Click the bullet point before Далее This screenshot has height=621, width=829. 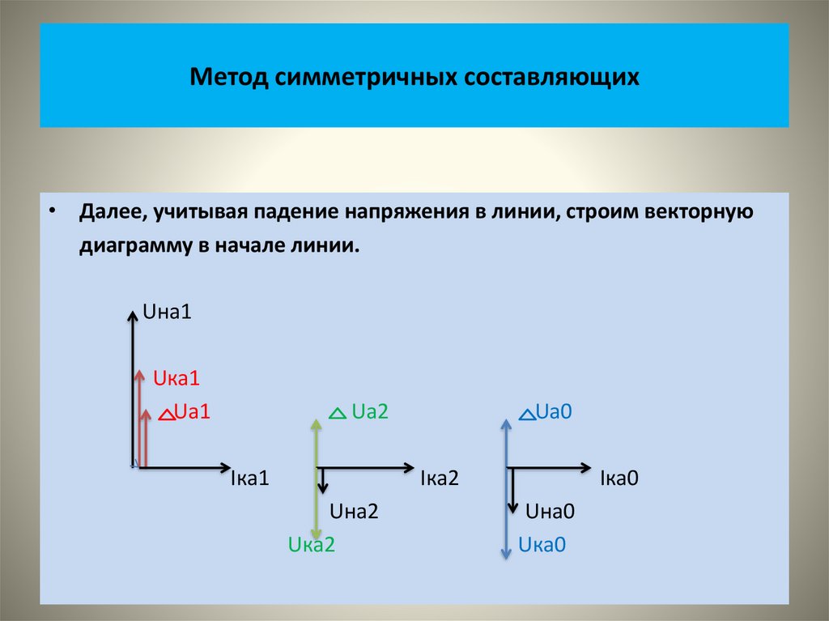(53, 210)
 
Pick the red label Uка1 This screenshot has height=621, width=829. (176, 377)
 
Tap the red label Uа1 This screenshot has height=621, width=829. (193, 411)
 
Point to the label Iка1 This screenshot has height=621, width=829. (250, 479)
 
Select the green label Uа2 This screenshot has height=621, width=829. (371, 411)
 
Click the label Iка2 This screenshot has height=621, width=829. (440, 479)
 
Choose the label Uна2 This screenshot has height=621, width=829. (354, 511)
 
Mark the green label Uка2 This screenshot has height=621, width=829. (312, 545)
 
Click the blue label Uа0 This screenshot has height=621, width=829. (555, 411)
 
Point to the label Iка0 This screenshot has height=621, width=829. (619, 479)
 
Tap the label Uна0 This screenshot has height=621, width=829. (550, 511)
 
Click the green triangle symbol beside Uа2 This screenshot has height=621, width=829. (338, 413)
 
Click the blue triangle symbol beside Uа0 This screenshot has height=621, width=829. (525, 414)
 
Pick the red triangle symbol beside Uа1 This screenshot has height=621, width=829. (166, 415)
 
